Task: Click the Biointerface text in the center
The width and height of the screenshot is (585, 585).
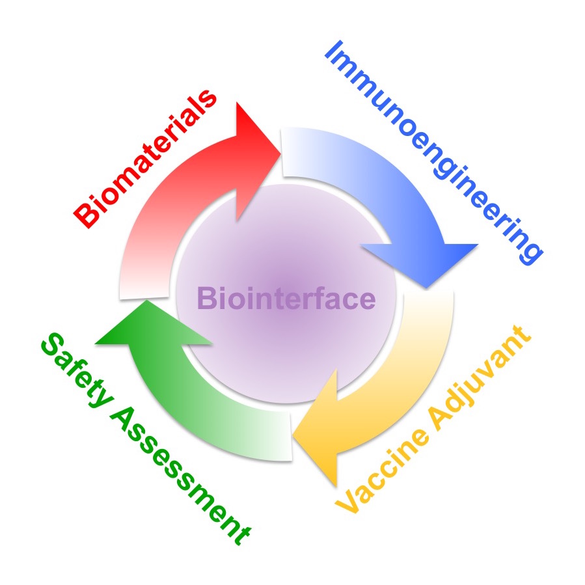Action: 286,300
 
